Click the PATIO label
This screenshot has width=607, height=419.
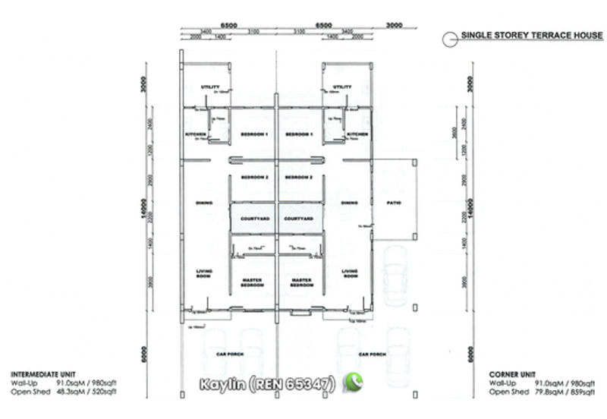coord(393,203)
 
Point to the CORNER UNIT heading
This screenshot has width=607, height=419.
coord(511,374)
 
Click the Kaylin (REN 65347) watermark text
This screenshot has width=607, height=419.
coord(268,384)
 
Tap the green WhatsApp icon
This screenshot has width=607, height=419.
coord(353,383)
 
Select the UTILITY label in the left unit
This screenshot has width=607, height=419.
coord(210,87)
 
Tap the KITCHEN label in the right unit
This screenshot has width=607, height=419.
coord(357,134)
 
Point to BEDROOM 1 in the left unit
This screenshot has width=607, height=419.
coord(254,134)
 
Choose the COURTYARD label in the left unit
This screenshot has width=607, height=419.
coord(254,219)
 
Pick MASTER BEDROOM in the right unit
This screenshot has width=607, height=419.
coord(301,282)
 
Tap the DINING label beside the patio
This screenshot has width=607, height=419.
coord(349,203)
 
